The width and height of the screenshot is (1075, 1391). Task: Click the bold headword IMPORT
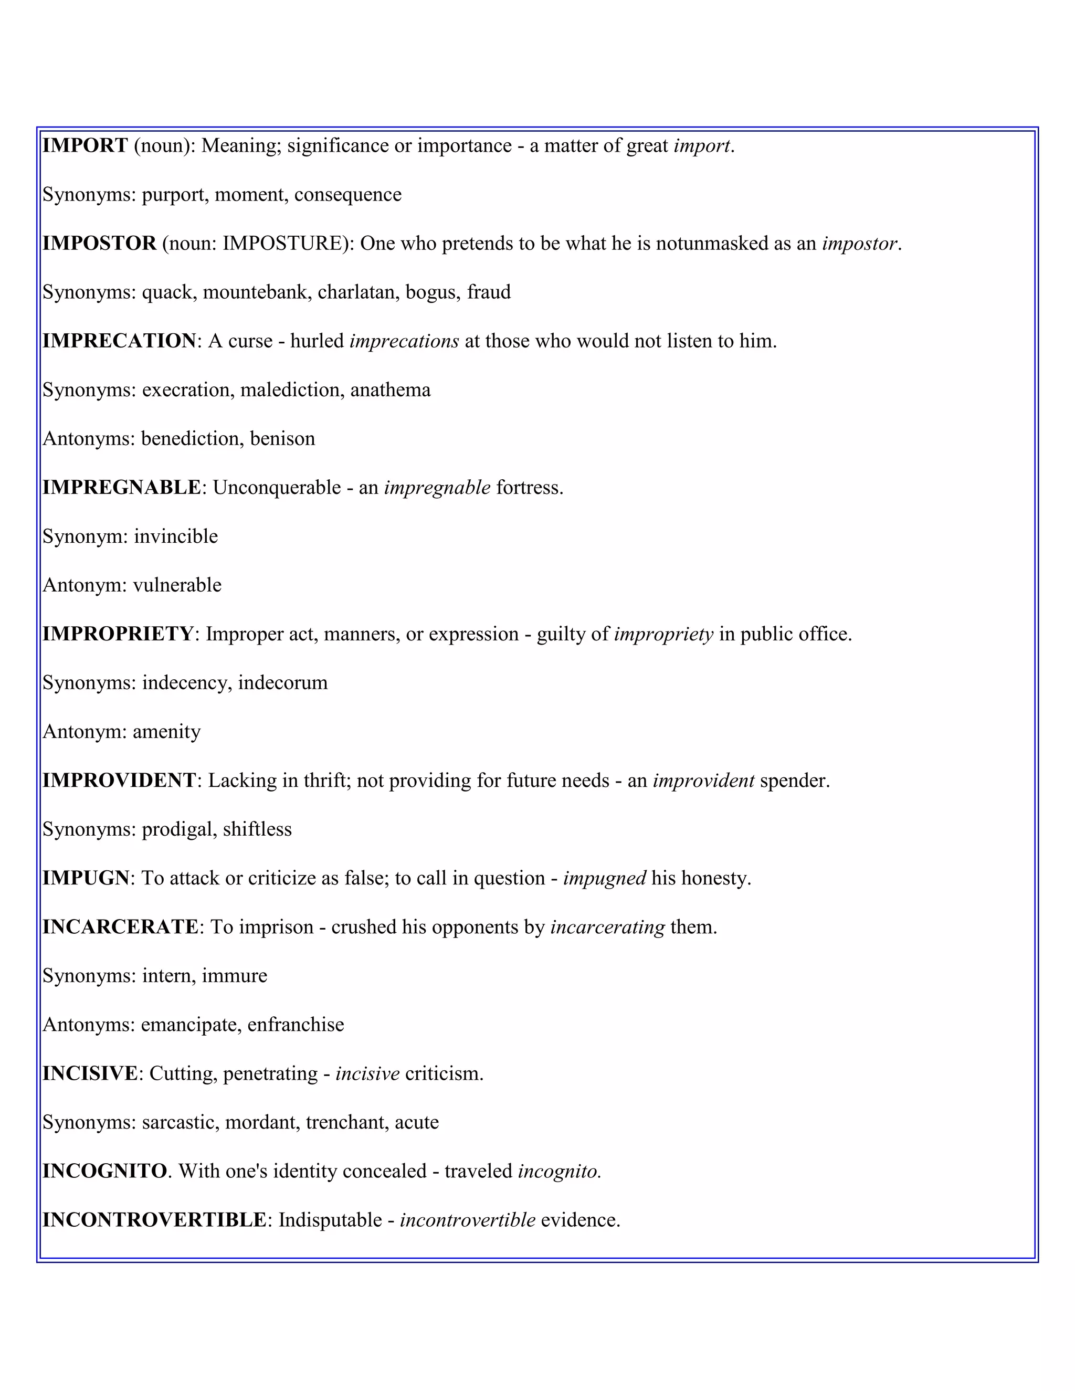coord(86,146)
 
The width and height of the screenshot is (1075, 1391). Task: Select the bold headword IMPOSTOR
coord(99,244)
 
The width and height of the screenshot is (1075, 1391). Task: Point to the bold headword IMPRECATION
coord(119,341)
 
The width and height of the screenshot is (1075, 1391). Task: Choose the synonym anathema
coord(390,390)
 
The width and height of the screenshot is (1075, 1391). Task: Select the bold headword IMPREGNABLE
coord(122,487)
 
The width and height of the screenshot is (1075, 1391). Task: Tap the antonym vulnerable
coord(177,585)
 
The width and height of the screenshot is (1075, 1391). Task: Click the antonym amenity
coord(166,732)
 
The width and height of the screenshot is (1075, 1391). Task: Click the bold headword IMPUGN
coord(86,878)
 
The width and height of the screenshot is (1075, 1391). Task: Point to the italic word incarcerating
coord(607,928)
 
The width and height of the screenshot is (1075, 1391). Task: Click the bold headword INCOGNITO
coord(104,1171)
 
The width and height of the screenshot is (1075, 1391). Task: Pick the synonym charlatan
coord(358,292)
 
